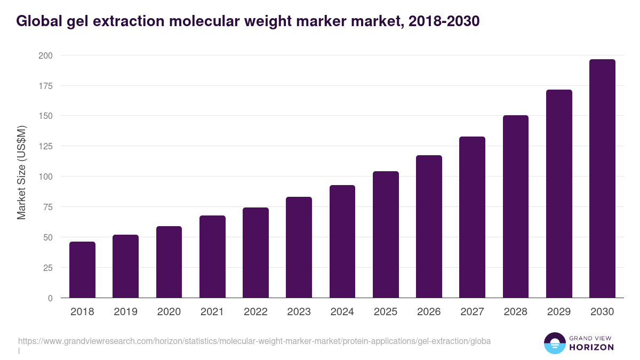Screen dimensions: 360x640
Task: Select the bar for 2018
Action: [x=82, y=270]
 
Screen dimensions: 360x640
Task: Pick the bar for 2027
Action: [x=473, y=217]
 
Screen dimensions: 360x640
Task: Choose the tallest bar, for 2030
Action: [x=602, y=179]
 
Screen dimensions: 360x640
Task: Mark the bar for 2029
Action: [x=559, y=194]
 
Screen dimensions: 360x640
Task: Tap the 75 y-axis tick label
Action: [x=47, y=207]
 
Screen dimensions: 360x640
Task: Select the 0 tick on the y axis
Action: [x=50, y=298]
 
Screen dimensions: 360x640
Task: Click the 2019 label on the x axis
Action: [x=126, y=312]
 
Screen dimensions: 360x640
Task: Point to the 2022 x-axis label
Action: [x=255, y=312]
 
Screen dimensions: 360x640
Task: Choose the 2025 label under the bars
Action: [x=386, y=312]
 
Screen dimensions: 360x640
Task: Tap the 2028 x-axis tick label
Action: [x=516, y=312]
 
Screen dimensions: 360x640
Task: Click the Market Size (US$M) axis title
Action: [x=21, y=172]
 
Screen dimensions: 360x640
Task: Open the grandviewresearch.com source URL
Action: [x=254, y=341]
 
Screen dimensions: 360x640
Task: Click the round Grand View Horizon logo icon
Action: [x=554, y=343]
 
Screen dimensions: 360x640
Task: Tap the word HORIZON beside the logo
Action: [x=592, y=347]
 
